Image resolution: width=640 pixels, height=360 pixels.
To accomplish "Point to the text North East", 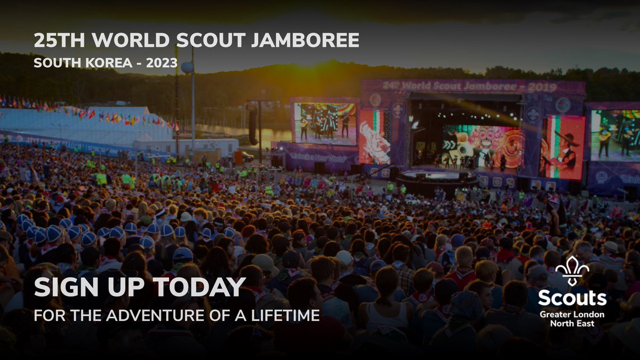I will [x=572, y=324].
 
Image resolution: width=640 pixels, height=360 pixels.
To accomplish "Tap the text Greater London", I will [x=572, y=314].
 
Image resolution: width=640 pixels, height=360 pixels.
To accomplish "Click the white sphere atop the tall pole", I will [x=187, y=68].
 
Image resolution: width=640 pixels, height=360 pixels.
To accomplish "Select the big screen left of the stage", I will [x=325, y=123].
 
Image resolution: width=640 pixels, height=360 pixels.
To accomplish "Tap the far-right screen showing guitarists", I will [x=614, y=134].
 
